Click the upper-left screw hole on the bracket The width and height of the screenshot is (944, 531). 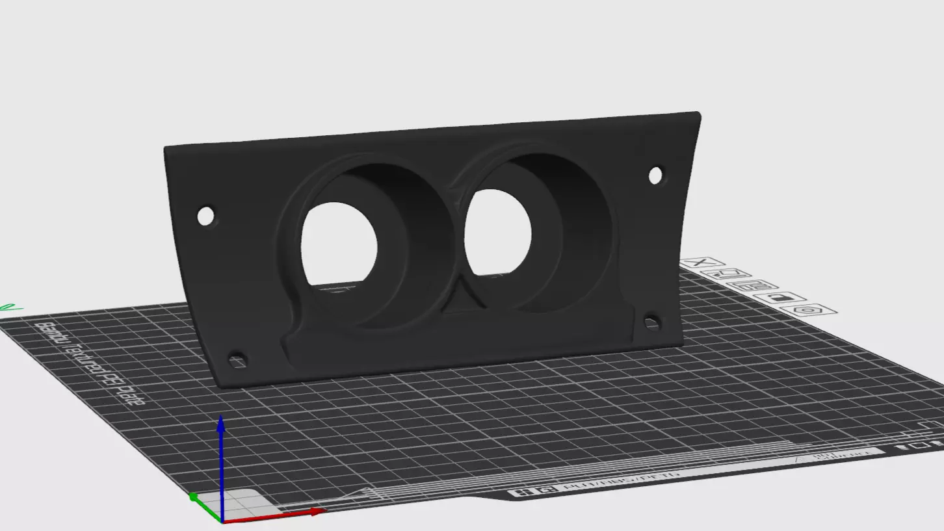tap(205, 216)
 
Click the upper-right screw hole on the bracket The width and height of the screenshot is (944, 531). tap(655, 175)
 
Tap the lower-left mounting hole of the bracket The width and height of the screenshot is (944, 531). tap(237, 360)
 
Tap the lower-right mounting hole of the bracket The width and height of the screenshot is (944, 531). tap(651, 321)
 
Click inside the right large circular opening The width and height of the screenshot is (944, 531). tap(498, 231)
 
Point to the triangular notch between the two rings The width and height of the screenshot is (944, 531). tap(465, 302)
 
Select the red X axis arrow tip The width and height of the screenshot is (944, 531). tap(317, 512)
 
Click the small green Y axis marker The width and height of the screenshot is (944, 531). tap(193, 497)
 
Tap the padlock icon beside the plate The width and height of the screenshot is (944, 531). tap(778, 298)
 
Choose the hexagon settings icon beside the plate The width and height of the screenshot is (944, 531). tap(808, 310)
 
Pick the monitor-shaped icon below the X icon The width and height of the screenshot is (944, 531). tap(726, 274)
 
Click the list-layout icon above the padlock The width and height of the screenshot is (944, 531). tap(752, 286)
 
